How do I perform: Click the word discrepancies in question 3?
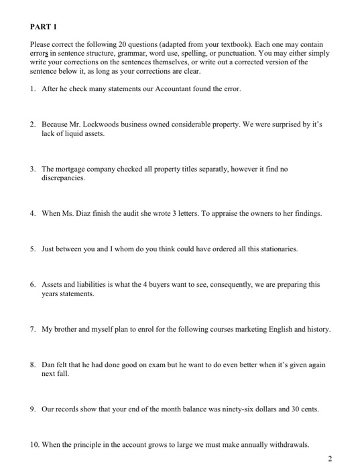64,179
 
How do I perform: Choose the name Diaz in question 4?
99,214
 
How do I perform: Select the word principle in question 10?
91,445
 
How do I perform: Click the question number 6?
32,285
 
